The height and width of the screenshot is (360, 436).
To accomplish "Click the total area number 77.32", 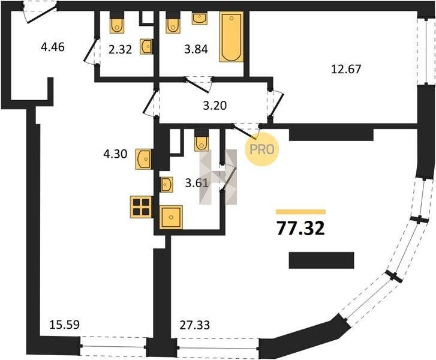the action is pos(300,229).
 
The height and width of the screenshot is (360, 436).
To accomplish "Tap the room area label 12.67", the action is pos(346,69).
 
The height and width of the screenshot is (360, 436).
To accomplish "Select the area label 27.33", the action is pos(195,325).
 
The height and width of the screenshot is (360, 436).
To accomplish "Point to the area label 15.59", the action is pos(65,325).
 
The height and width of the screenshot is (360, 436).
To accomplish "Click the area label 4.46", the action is pos(53,47).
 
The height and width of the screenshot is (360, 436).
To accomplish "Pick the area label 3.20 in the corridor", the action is pos(215,106).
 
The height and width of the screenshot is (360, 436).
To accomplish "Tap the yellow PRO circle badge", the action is pos(261,149).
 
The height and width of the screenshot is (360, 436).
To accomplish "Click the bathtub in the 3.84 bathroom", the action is pos(231,37).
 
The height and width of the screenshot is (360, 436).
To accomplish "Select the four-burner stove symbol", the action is pos(141,207).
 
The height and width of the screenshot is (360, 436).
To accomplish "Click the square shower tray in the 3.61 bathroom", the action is pos(171,217).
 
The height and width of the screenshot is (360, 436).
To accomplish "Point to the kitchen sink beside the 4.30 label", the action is pos(144,159).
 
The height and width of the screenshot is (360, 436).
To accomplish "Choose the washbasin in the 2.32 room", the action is pos(146,46).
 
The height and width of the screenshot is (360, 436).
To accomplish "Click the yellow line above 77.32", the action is pos(301,212).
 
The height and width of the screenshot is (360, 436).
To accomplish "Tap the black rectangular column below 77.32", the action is pos(321,260).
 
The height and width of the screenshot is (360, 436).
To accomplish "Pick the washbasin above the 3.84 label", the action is pos(200,19).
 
